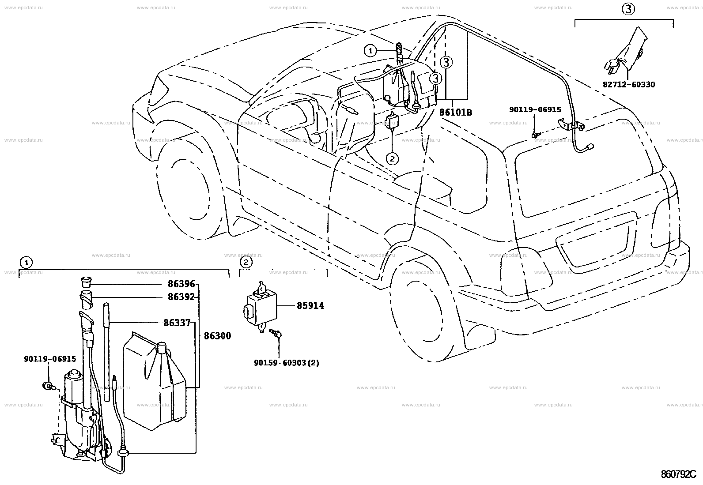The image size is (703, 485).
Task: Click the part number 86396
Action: pos(181,284)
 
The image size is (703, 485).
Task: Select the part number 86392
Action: pos(181,297)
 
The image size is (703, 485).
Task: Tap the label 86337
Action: pos(177,323)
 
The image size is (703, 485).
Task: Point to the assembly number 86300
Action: pos(218,336)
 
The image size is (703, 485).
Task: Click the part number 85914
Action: pos(310,305)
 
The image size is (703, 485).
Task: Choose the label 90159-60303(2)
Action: pos(286,363)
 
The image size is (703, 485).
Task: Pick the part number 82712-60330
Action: pos(629,85)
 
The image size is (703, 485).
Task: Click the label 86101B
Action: pos(455,112)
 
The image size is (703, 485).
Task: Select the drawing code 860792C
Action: pos(679,474)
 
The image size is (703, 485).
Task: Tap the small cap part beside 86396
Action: pos(85,282)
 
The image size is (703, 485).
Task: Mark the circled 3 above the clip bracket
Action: pos(628,9)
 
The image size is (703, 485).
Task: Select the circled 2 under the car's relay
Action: pos(392,159)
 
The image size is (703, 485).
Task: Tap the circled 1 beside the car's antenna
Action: pos(370,50)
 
